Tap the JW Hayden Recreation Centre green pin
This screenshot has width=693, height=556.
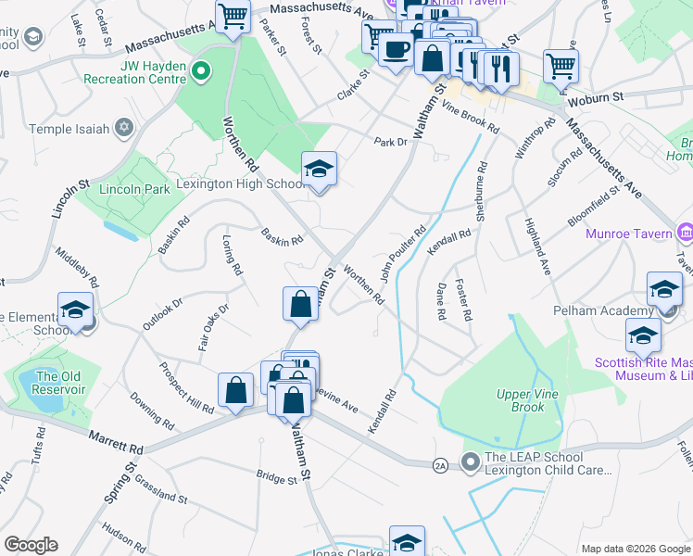pos(198,69)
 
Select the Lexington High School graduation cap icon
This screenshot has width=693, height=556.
pos(319,169)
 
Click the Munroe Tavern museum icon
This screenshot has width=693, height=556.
pos(686,232)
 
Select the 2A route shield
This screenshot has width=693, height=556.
pos(440,463)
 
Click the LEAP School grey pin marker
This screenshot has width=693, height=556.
pos(472,460)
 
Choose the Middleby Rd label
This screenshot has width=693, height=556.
pos(76,264)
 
